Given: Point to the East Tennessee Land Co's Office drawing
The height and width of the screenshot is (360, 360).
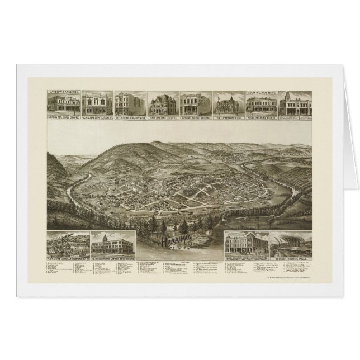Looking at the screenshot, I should [162, 104].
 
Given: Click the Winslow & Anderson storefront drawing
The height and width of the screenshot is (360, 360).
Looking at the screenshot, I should [64, 104].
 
